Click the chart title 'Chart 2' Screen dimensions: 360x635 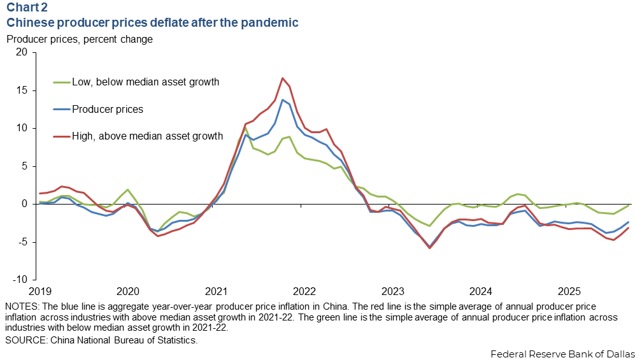pyautogui.click(x=27, y=8)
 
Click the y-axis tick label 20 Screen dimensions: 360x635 pyautogui.click(x=23, y=52)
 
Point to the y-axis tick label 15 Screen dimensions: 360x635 pyautogui.click(x=23, y=90)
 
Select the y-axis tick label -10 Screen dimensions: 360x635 pyautogui.click(x=20, y=280)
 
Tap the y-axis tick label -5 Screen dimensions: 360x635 pyautogui.click(x=23, y=242)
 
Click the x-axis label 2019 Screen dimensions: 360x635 pyautogui.click(x=39, y=292)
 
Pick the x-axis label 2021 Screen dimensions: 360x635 pyautogui.click(x=215, y=292)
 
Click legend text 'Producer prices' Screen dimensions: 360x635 pyautogui.click(x=108, y=109)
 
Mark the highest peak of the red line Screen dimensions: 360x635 pyautogui.click(x=282, y=78)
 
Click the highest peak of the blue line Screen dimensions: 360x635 pyautogui.click(x=282, y=99)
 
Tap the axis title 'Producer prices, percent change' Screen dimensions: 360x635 pyautogui.click(x=79, y=39)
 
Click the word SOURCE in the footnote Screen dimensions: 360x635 pyautogui.click(x=25, y=340)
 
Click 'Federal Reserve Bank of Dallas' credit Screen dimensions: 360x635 pyautogui.click(x=562, y=353)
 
